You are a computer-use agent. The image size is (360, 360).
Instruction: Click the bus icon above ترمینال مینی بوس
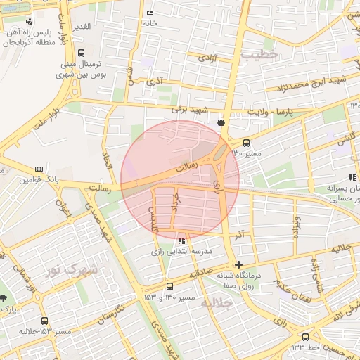click(82, 53)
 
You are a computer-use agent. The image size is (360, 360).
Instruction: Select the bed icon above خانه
click(149, 13)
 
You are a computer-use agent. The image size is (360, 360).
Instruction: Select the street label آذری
click(154, 82)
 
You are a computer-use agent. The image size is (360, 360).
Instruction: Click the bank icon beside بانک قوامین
click(39, 169)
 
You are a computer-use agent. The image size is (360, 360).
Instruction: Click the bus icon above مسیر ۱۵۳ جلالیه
click(46, 320)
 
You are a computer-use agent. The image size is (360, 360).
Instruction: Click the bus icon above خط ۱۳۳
click(305, 337)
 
